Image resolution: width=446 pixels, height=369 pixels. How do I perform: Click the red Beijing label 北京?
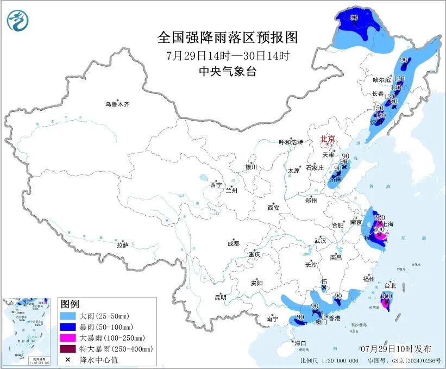coord(328,139)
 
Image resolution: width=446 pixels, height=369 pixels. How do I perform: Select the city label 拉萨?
coord(122,245)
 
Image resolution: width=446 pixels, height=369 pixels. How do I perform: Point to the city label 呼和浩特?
coord(292,142)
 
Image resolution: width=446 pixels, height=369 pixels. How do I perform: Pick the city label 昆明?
coord(220,297)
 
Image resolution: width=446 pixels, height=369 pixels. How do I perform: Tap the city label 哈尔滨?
coord(381,79)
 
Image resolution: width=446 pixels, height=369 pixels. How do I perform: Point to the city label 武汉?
coord(320,240)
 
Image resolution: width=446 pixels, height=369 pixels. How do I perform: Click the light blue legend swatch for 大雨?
coord(68,316)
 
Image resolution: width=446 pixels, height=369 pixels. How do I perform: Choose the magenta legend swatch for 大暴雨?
coord(68,338)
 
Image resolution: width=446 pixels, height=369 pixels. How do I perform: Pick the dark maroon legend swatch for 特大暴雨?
coord(68,349)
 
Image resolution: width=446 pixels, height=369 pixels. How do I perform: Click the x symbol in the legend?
coord(68,360)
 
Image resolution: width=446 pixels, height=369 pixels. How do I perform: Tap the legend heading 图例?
coord(70,304)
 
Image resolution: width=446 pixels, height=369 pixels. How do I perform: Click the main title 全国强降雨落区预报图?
coord(228,37)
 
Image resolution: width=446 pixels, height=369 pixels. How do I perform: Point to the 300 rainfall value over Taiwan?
coord(386,296)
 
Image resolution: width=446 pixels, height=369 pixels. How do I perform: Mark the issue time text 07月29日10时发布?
coord(396,348)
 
